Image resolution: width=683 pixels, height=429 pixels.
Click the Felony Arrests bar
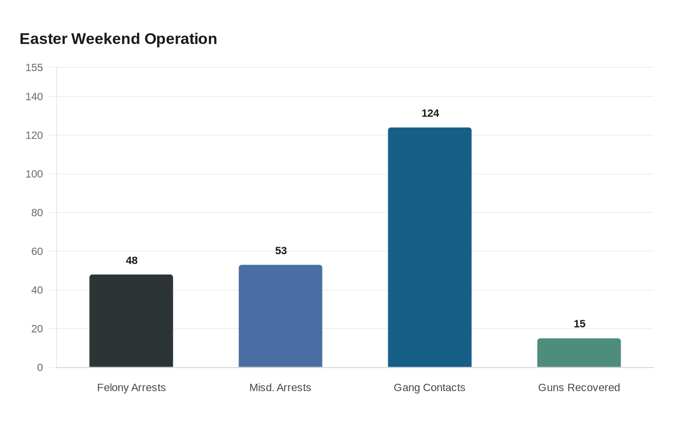131,321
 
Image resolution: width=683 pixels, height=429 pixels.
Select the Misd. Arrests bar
281,316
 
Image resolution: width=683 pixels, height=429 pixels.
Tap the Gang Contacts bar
430,247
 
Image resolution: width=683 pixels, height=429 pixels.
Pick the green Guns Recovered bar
579,353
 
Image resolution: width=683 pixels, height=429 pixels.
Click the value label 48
132,260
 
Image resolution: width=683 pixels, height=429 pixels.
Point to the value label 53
281,251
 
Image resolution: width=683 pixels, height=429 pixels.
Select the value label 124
430,113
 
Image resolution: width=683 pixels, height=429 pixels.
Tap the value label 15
580,324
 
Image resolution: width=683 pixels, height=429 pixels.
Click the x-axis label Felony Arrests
131,388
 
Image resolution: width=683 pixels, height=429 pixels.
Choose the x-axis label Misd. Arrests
280,388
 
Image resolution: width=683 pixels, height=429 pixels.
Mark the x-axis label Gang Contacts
429,388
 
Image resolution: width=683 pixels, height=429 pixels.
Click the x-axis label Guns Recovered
579,388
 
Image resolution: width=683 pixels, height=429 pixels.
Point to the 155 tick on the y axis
34,67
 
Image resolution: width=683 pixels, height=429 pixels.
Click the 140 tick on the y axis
34,97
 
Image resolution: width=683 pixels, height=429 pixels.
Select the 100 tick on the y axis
34,174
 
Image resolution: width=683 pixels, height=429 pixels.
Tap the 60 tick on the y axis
37,252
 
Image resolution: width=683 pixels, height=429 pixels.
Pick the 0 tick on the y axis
40,368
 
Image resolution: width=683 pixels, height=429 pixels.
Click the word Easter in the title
43,39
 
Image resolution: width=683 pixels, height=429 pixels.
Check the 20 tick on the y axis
37,329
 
